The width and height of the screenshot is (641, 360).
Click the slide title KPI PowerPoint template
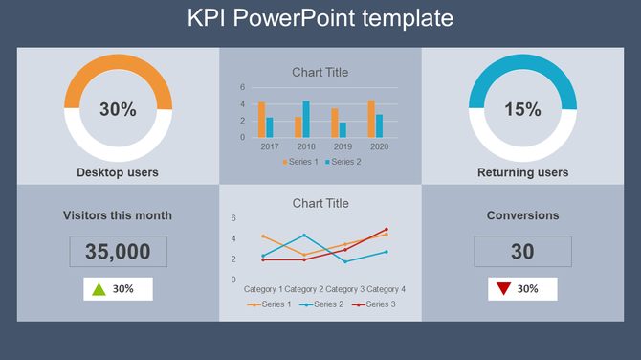(x=320, y=18)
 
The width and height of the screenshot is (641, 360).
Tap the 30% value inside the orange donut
(x=118, y=109)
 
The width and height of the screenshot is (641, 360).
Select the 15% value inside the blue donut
(x=522, y=109)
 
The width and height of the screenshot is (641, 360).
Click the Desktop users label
(x=118, y=172)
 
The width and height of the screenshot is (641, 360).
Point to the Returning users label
(x=522, y=172)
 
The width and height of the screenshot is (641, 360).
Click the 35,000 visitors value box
(x=118, y=252)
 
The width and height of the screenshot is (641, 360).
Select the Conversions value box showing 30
(x=522, y=252)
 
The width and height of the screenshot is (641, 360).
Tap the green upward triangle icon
(x=98, y=288)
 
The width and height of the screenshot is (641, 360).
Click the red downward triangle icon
(x=502, y=288)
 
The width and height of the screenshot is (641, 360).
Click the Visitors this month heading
(x=118, y=215)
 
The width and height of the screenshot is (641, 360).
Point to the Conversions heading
(x=522, y=215)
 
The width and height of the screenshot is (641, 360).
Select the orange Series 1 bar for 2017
(x=261, y=120)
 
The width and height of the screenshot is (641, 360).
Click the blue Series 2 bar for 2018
(x=306, y=119)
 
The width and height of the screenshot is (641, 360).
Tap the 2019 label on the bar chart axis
(x=343, y=146)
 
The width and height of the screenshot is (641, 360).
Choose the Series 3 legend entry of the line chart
(x=375, y=304)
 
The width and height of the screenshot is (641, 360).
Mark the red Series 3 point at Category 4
(x=387, y=230)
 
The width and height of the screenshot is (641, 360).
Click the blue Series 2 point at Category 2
(x=304, y=236)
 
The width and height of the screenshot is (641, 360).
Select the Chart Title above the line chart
(x=320, y=203)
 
